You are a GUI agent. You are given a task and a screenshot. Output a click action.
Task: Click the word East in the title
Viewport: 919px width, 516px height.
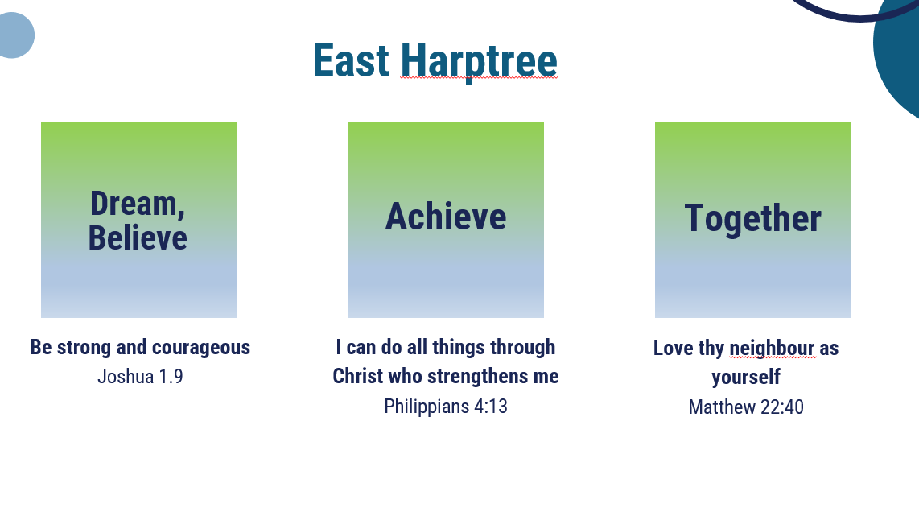click(x=351, y=60)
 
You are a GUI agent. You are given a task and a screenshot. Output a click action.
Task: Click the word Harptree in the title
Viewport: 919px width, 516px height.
click(x=479, y=63)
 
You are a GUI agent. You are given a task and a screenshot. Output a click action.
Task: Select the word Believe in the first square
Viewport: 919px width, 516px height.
click(x=138, y=237)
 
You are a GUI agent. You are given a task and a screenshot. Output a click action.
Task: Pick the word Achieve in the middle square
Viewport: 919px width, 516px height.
click(x=446, y=217)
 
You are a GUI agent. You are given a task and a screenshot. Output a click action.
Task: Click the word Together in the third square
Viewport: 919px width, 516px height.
click(x=752, y=219)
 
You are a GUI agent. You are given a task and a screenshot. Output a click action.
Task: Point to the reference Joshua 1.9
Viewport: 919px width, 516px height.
click(x=140, y=377)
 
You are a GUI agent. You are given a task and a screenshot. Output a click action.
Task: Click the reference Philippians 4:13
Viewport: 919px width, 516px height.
click(x=446, y=407)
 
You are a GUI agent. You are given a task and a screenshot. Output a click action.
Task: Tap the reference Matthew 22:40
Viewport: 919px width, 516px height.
click(x=746, y=407)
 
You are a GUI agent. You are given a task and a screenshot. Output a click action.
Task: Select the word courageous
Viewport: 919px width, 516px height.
click(x=201, y=348)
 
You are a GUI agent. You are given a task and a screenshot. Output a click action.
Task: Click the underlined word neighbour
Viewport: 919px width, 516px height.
click(x=772, y=349)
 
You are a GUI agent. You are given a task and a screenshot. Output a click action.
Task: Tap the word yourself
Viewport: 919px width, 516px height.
click(x=746, y=377)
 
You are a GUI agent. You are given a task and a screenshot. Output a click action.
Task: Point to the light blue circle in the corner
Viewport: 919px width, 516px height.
click(x=13, y=35)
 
